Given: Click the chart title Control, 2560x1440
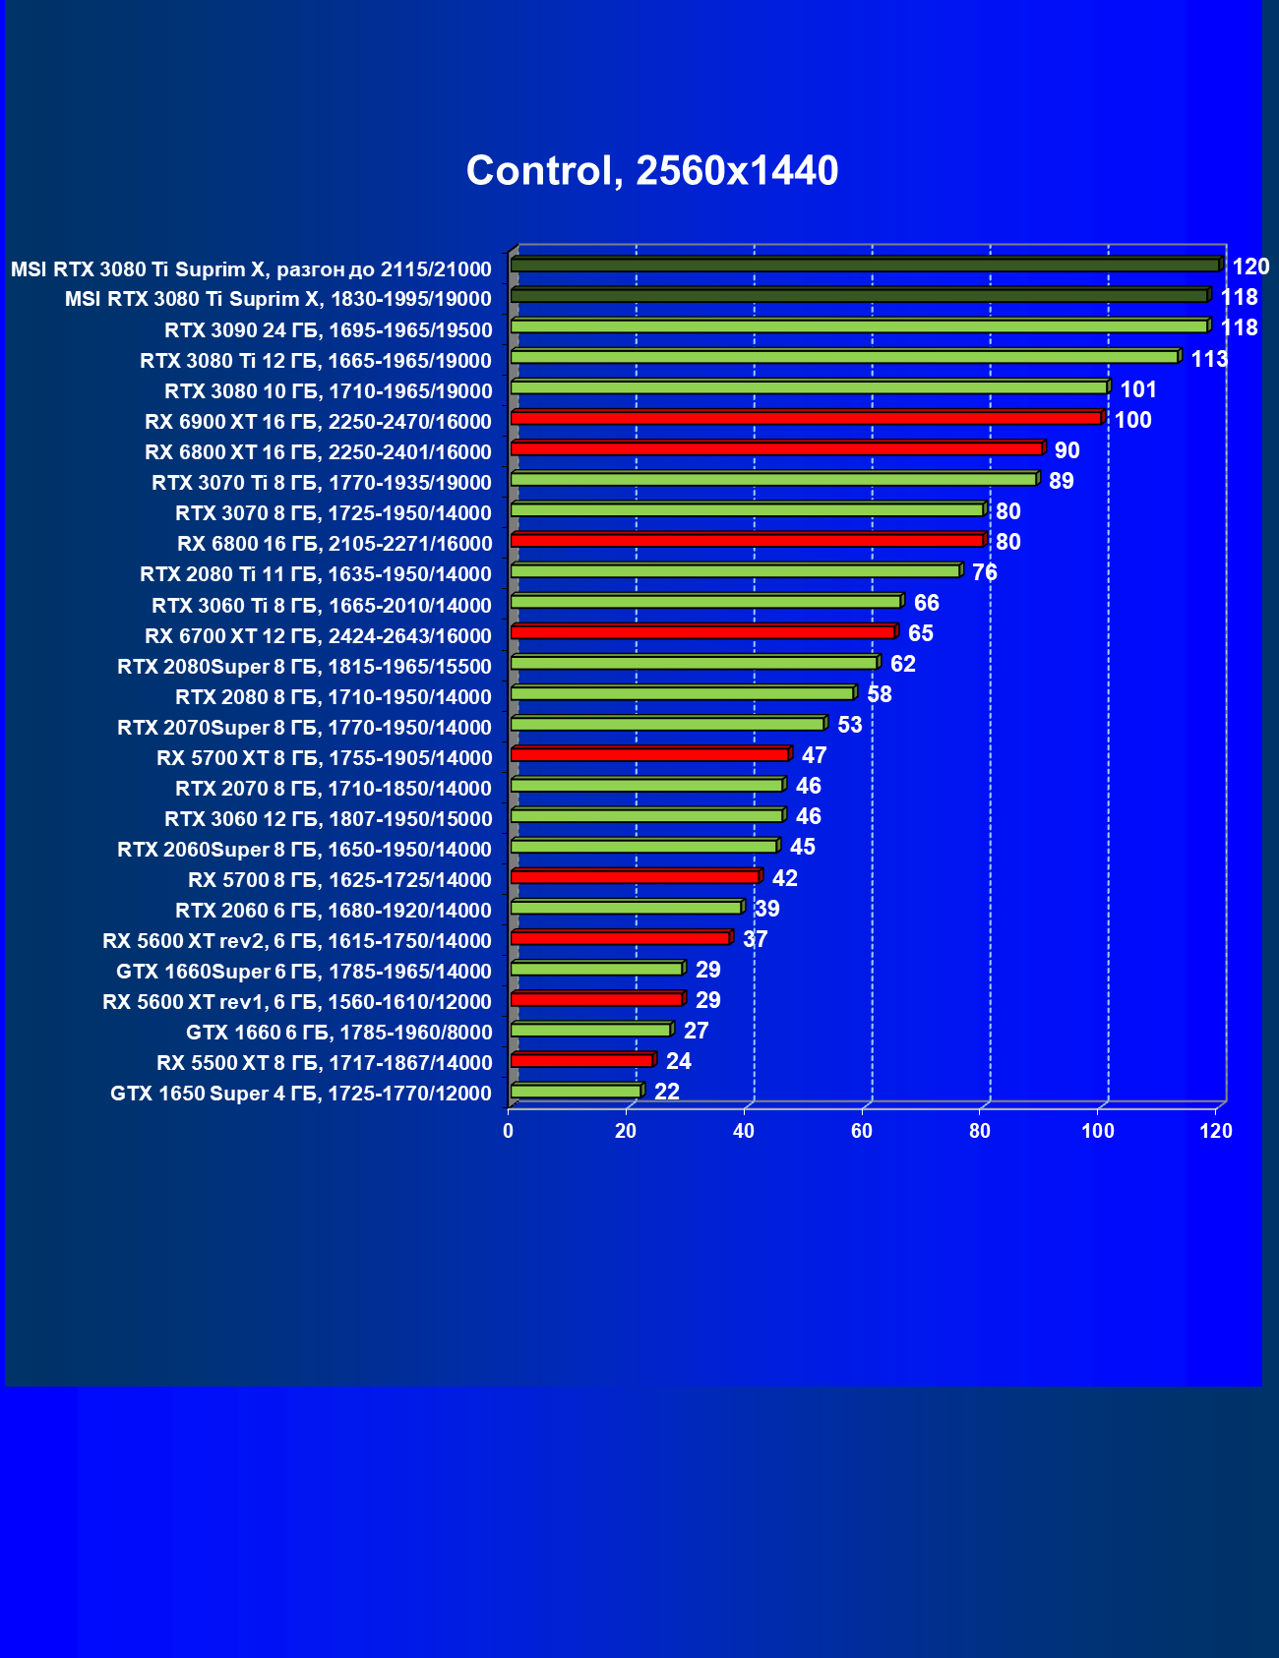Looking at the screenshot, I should pyautogui.click(x=651, y=171).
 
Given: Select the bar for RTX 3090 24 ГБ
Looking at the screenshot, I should pyautogui.click(x=858, y=326).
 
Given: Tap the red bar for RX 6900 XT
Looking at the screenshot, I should pyautogui.click(x=805, y=418).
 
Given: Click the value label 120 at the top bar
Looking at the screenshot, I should pyautogui.click(x=1250, y=266).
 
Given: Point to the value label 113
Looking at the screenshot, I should pyautogui.click(x=1209, y=359).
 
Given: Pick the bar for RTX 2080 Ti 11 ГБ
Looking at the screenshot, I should pyautogui.click(x=735, y=571).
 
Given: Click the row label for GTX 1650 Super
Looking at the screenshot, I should pyautogui.click(x=301, y=1094).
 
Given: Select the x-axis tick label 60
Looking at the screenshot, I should pyautogui.click(x=862, y=1131).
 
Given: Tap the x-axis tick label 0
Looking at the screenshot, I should pyautogui.click(x=508, y=1131).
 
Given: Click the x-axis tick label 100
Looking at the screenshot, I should pyautogui.click(x=1098, y=1131).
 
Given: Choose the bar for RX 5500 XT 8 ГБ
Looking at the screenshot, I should pyautogui.click(x=581, y=1060).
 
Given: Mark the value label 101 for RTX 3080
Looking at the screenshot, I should pyautogui.click(x=1138, y=389).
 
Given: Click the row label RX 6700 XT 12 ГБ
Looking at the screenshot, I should pyautogui.click(x=318, y=636).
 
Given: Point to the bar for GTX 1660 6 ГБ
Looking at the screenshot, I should pyautogui.click(x=590, y=1030).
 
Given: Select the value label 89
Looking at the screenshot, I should pyautogui.click(x=1062, y=481).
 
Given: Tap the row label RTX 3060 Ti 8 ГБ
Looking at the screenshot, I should pyautogui.click(x=322, y=606).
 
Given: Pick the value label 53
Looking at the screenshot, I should pyautogui.click(x=849, y=725).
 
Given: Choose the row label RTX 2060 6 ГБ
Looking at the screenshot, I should pyautogui.click(x=334, y=911).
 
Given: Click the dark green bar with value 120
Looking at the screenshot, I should pyautogui.click(x=864, y=266).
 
